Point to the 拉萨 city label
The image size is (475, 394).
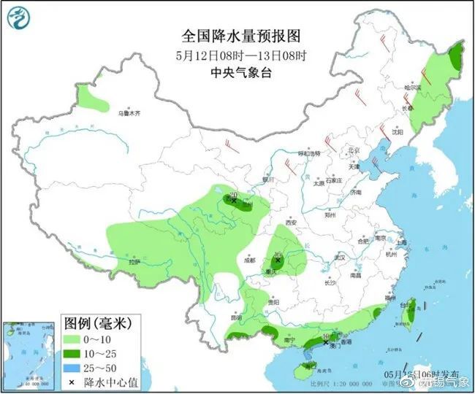[x=134, y=261]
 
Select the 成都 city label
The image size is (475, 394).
[x=250, y=259]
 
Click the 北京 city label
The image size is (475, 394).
[x=354, y=150]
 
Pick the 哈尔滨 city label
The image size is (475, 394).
[x=414, y=88]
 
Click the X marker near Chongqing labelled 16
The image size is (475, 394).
[x=278, y=259]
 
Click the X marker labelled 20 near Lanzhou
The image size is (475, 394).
[x=234, y=199]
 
